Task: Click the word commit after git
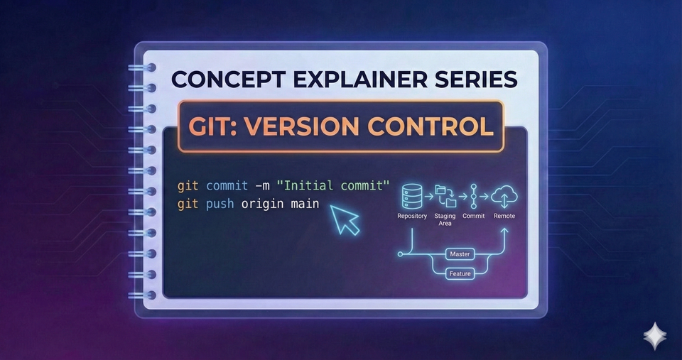pyautogui.click(x=224, y=186)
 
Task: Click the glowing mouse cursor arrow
pyautogui.click(x=346, y=220)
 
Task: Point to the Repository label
pyautogui.click(x=412, y=216)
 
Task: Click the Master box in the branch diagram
pyautogui.click(x=460, y=253)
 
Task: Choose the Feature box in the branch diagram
pyautogui.click(x=460, y=273)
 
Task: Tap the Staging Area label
pyautogui.click(x=445, y=219)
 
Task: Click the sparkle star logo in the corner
pyautogui.click(x=655, y=336)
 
